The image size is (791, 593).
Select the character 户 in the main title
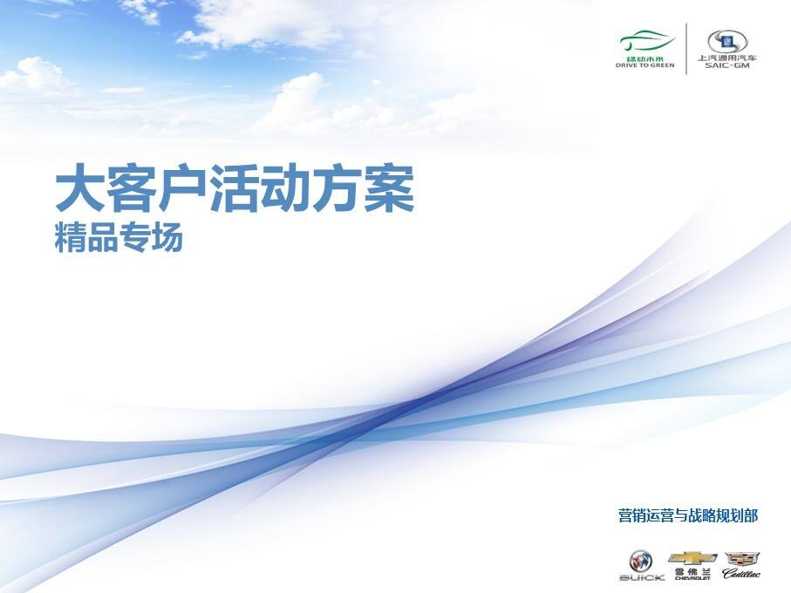183,191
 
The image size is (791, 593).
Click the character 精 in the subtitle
70,238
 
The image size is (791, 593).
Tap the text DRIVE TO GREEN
645,65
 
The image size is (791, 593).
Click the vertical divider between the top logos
686,49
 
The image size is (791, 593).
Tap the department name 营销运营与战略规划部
688,516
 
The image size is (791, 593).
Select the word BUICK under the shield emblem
642,576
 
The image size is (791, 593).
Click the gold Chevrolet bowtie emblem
692,557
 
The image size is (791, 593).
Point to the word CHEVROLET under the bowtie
692,577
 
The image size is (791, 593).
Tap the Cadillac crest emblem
741,557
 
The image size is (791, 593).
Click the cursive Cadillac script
741,574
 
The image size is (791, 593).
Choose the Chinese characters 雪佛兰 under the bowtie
692,570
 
